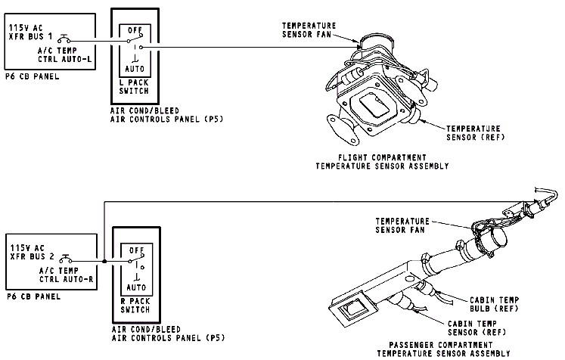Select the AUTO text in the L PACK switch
tap(135, 67)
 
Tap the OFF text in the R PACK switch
tap(136, 249)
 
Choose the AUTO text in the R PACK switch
tap(136, 287)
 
